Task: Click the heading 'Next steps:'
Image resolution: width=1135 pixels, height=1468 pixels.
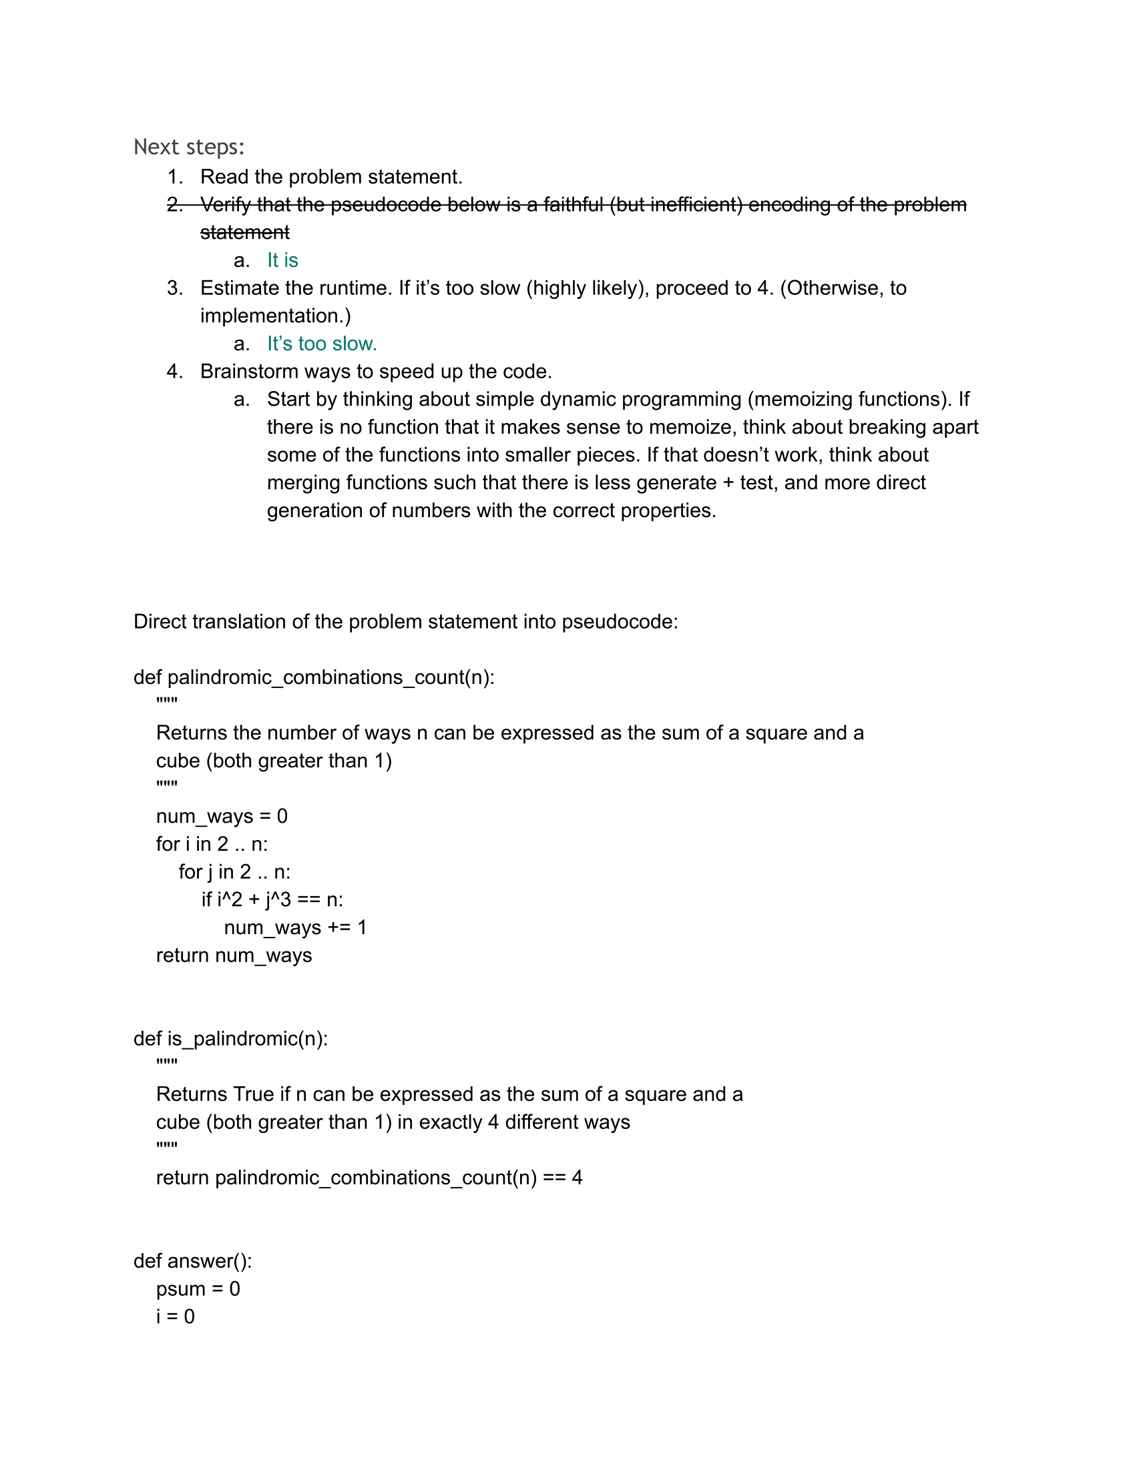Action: pos(189,147)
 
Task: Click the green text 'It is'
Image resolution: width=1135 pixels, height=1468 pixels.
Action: pos(282,260)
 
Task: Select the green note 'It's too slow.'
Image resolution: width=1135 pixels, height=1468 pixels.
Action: pos(321,344)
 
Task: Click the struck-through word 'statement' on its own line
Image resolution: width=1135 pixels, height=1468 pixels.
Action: pos(245,233)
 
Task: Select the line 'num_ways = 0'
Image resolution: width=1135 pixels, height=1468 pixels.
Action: pos(221,816)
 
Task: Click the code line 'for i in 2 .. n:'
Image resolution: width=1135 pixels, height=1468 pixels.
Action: pos(212,844)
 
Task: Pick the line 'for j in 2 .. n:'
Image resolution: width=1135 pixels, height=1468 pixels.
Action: pos(234,872)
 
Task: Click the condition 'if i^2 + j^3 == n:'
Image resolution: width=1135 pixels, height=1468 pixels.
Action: pos(272,899)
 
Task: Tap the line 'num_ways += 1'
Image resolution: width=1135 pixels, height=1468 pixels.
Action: pos(295,928)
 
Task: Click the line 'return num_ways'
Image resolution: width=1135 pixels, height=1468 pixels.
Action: pos(234,955)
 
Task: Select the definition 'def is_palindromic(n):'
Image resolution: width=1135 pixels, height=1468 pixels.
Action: pos(230,1038)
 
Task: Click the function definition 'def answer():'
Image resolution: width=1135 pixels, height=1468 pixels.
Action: pos(192,1261)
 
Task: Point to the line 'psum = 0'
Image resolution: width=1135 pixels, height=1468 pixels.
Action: pos(198,1289)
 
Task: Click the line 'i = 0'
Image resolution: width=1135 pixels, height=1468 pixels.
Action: pos(175,1316)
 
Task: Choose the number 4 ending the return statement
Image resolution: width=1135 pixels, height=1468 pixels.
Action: pos(576,1178)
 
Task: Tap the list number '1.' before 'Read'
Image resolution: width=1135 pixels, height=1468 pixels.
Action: pos(175,177)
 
